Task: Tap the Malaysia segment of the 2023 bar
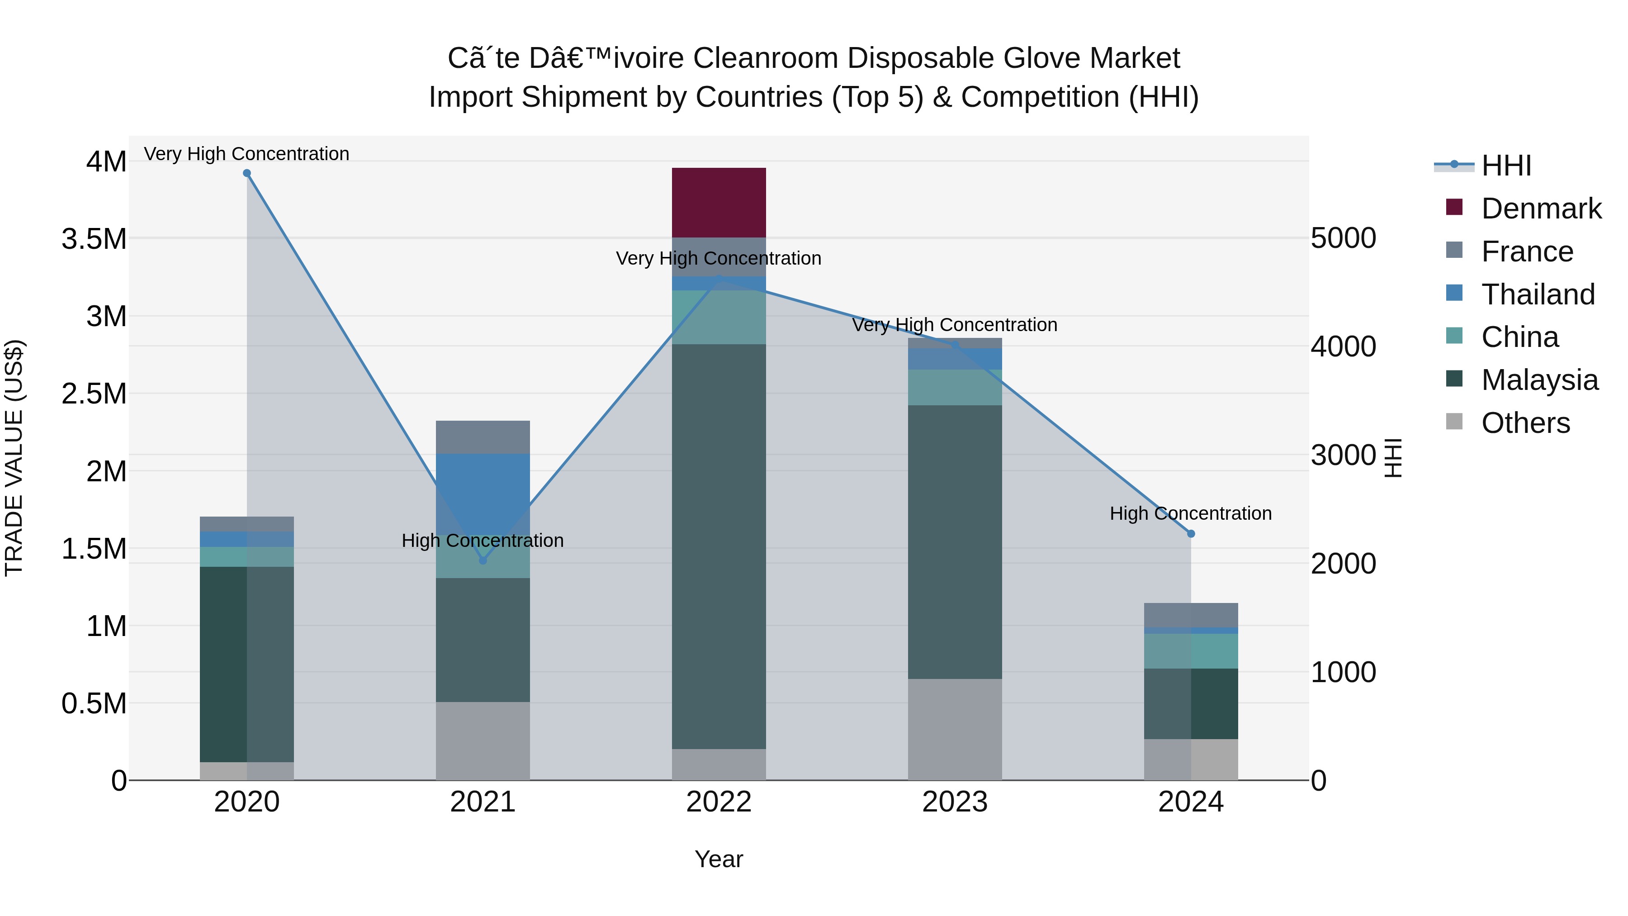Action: [954, 542]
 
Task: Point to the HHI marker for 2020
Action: [247, 173]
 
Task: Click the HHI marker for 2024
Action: [1191, 534]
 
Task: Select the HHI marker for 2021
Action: [483, 560]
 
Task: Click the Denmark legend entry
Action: [1541, 209]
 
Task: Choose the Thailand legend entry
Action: [1538, 294]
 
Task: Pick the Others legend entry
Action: [1525, 423]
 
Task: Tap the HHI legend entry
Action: [1505, 166]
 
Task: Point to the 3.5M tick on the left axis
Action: [94, 239]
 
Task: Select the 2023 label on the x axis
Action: [954, 802]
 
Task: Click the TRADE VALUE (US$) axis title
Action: [14, 458]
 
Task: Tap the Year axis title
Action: [719, 859]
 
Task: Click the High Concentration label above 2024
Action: [1191, 513]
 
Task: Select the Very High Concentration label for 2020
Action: [246, 154]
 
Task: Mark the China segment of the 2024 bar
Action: [1191, 650]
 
